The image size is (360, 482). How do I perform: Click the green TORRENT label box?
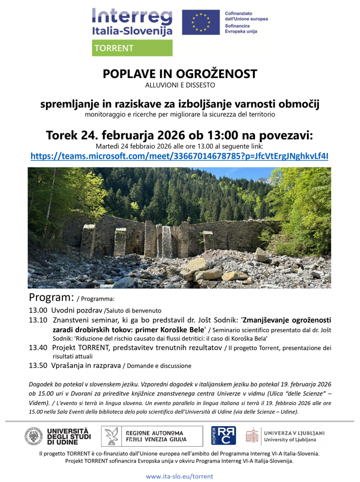click(132, 48)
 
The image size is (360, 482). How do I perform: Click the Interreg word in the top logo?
click(131, 16)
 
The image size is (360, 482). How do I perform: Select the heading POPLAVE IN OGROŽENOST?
click(180, 74)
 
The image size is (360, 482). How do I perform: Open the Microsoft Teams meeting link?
click(179, 155)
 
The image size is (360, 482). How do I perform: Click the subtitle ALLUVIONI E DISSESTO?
click(180, 85)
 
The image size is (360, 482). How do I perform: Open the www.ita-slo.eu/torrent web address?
click(179, 476)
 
